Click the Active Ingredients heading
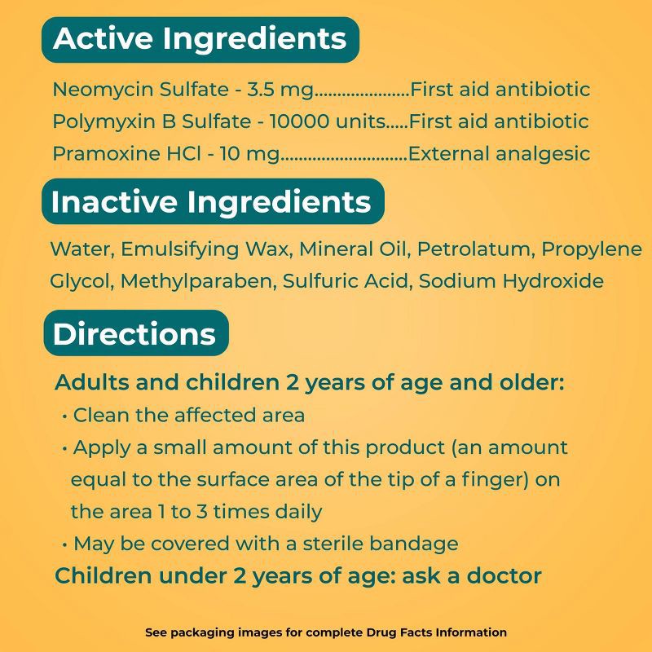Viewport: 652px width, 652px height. click(200, 39)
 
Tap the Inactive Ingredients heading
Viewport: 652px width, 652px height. click(211, 202)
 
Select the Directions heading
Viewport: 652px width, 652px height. click(134, 333)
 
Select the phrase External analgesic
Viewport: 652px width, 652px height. click(499, 153)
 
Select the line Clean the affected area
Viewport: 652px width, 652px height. click(188, 415)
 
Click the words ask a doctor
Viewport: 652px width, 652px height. click(481, 576)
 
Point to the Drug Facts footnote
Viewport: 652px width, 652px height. click(326, 632)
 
